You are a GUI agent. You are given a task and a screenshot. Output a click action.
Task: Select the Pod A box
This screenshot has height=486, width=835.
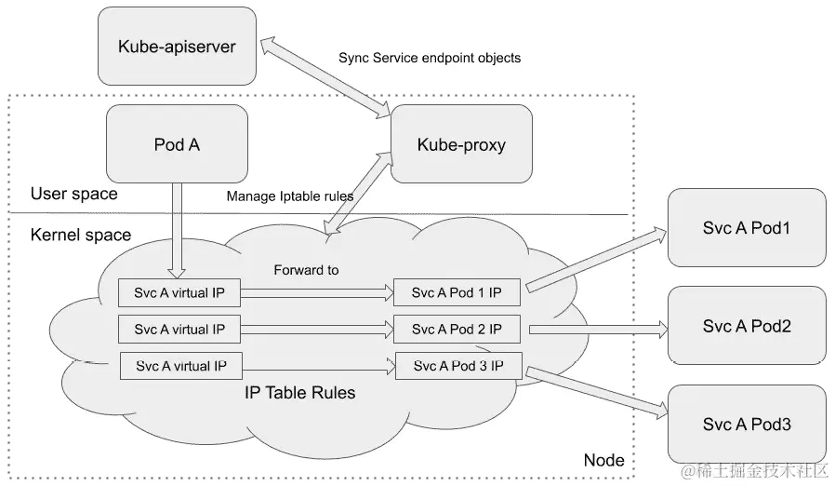(x=177, y=143)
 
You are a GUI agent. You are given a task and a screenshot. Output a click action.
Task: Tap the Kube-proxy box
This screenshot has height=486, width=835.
(x=461, y=144)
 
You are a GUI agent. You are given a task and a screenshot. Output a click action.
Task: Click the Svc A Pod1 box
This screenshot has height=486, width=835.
(x=746, y=227)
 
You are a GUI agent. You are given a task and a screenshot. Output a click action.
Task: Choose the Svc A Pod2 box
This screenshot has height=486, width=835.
(x=746, y=326)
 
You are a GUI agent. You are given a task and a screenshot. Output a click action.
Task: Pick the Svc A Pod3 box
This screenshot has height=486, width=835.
(x=746, y=424)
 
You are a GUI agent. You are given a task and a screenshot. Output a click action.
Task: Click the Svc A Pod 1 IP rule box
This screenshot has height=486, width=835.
(x=457, y=292)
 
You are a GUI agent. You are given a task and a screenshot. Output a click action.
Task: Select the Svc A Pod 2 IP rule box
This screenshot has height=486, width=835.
(x=457, y=329)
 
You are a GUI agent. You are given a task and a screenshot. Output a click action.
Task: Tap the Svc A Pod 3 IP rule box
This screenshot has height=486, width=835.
(x=457, y=366)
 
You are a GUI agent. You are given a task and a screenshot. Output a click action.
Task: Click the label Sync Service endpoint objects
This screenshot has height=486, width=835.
(x=430, y=58)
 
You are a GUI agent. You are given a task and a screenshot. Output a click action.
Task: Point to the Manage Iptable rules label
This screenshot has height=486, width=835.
(x=290, y=196)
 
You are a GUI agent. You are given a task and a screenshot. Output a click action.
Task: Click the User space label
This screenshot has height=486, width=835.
(x=74, y=194)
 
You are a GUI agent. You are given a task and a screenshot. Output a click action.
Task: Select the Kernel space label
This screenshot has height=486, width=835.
(x=81, y=235)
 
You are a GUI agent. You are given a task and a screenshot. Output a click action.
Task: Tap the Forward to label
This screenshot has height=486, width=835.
(x=306, y=271)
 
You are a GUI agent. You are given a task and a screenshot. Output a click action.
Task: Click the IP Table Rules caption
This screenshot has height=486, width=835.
(x=299, y=393)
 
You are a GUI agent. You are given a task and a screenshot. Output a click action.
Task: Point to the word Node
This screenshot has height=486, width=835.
(x=603, y=460)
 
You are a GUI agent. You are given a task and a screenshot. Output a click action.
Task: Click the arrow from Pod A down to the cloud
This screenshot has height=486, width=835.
(x=177, y=228)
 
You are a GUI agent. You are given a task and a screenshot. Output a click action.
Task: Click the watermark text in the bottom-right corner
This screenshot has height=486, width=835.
(x=754, y=470)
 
